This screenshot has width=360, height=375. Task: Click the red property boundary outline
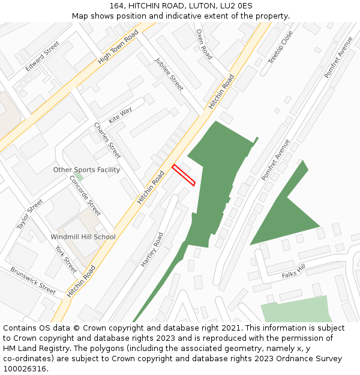click(184, 175)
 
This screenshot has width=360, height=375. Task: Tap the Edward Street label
click(43, 56)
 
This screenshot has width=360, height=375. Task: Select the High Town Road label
click(118, 47)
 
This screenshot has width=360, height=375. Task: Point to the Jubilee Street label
click(169, 74)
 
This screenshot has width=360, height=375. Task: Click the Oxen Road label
click(204, 44)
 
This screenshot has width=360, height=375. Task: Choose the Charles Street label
click(107, 140)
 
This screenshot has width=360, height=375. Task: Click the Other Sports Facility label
click(86, 170)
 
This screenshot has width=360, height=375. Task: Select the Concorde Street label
click(85, 195)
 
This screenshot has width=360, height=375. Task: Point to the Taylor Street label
click(30, 214)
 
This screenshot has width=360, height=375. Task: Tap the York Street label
click(66, 259)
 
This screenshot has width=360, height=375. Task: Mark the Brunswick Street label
click(33, 280)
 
